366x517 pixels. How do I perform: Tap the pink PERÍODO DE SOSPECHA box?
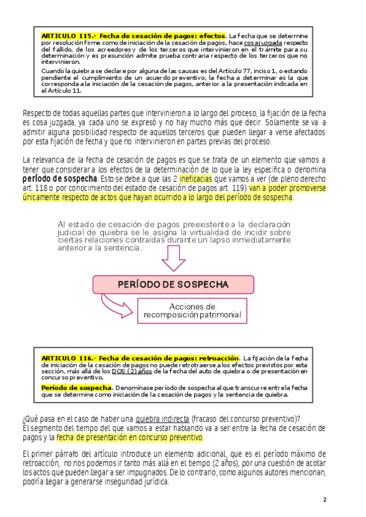173,284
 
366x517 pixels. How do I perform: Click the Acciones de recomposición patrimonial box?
192,311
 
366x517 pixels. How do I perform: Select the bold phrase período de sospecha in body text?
59,179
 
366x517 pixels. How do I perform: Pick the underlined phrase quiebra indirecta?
162,418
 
